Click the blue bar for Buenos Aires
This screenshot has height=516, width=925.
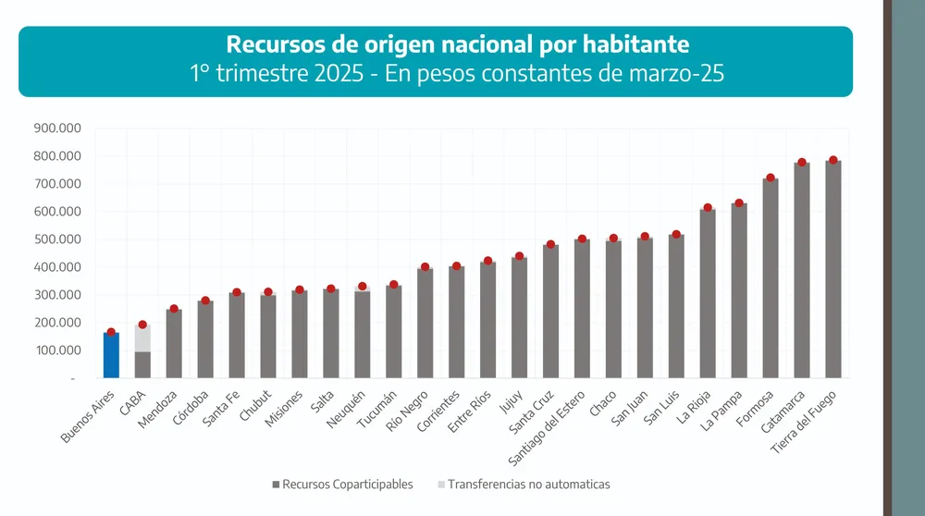point(111,356)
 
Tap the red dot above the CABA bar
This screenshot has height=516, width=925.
point(142,325)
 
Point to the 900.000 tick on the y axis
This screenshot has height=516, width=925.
point(57,129)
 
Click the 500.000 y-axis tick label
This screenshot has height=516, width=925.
point(57,240)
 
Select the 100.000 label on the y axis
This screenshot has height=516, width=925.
point(57,350)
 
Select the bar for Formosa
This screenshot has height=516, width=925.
point(771,277)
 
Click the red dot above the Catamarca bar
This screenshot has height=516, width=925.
point(802,163)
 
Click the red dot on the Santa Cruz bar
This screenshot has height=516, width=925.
point(550,245)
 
